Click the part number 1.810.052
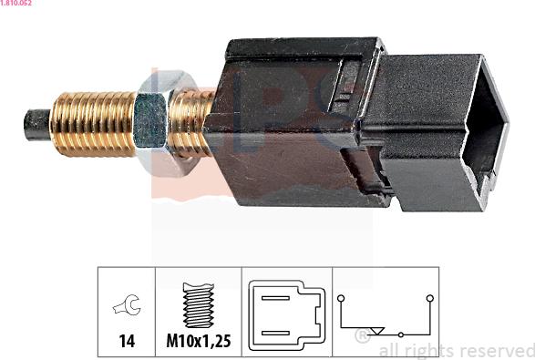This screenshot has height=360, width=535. pyautogui.click(x=17, y=4)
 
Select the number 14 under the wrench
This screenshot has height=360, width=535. pyautogui.click(x=126, y=343)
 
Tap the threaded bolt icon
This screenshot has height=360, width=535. pyautogui.click(x=197, y=305)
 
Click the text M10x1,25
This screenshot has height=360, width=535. pyautogui.click(x=197, y=343)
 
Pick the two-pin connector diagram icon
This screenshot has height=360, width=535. pyautogui.click(x=286, y=314)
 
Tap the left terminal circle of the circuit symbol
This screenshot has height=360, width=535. pyautogui.click(x=341, y=298)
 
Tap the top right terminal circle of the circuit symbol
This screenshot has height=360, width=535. pyautogui.click(x=429, y=298)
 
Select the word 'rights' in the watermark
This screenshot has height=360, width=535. pyautogui.click(x=426, y=351)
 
